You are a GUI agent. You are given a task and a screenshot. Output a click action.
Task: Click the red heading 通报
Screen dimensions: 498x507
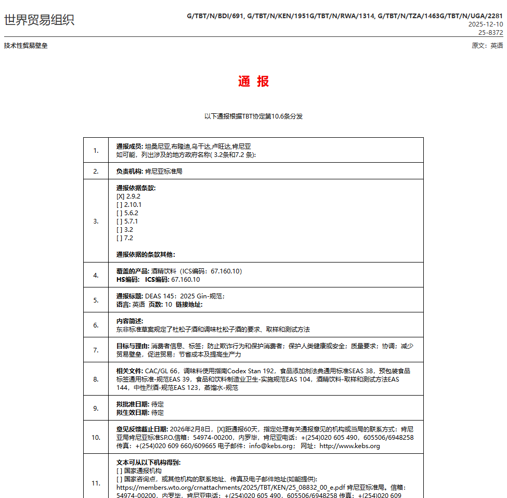tap(253, 82)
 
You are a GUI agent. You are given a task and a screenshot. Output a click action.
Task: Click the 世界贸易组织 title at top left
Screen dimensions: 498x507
tap(39, 20)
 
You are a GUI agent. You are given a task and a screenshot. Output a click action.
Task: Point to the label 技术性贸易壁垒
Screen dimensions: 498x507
tap(25, 46)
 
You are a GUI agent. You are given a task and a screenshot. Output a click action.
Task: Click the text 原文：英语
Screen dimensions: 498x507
tap(487, 46)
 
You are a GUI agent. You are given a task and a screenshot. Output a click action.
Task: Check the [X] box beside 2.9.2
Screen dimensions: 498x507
tap(120, 196)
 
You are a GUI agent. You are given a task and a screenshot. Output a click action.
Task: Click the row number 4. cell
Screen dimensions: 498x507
tap(96, 275)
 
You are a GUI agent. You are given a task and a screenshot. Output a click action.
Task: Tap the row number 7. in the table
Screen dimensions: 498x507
tap(96, 350)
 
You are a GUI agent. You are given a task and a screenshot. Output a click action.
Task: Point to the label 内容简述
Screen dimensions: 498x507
tap(129, 321)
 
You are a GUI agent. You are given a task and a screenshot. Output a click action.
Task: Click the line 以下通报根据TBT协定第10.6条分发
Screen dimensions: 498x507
tap(253, 116)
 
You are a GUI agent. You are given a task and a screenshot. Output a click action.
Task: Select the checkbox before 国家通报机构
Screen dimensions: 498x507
tap(120, 471)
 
